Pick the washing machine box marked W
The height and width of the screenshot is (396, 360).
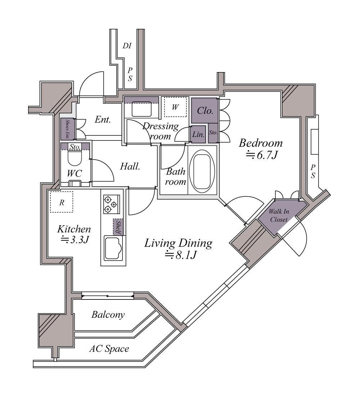(x=175, y=107)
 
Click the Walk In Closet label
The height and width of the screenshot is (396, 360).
(x=279, y=215)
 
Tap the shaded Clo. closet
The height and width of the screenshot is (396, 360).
(x=204, y=110)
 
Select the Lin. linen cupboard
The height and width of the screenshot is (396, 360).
(x=199, y=134)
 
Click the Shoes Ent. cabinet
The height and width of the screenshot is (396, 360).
(x=68, y=129)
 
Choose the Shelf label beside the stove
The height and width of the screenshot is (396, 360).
(x=118, y=227)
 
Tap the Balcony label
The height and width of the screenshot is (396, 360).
(x=108, y=315)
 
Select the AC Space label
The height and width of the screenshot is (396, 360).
(x=109, y=349)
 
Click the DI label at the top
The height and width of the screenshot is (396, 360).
(x=127, y=46)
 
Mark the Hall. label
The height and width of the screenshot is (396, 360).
(x=130, y=166)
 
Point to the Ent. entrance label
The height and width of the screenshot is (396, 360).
(x=103, y=120)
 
